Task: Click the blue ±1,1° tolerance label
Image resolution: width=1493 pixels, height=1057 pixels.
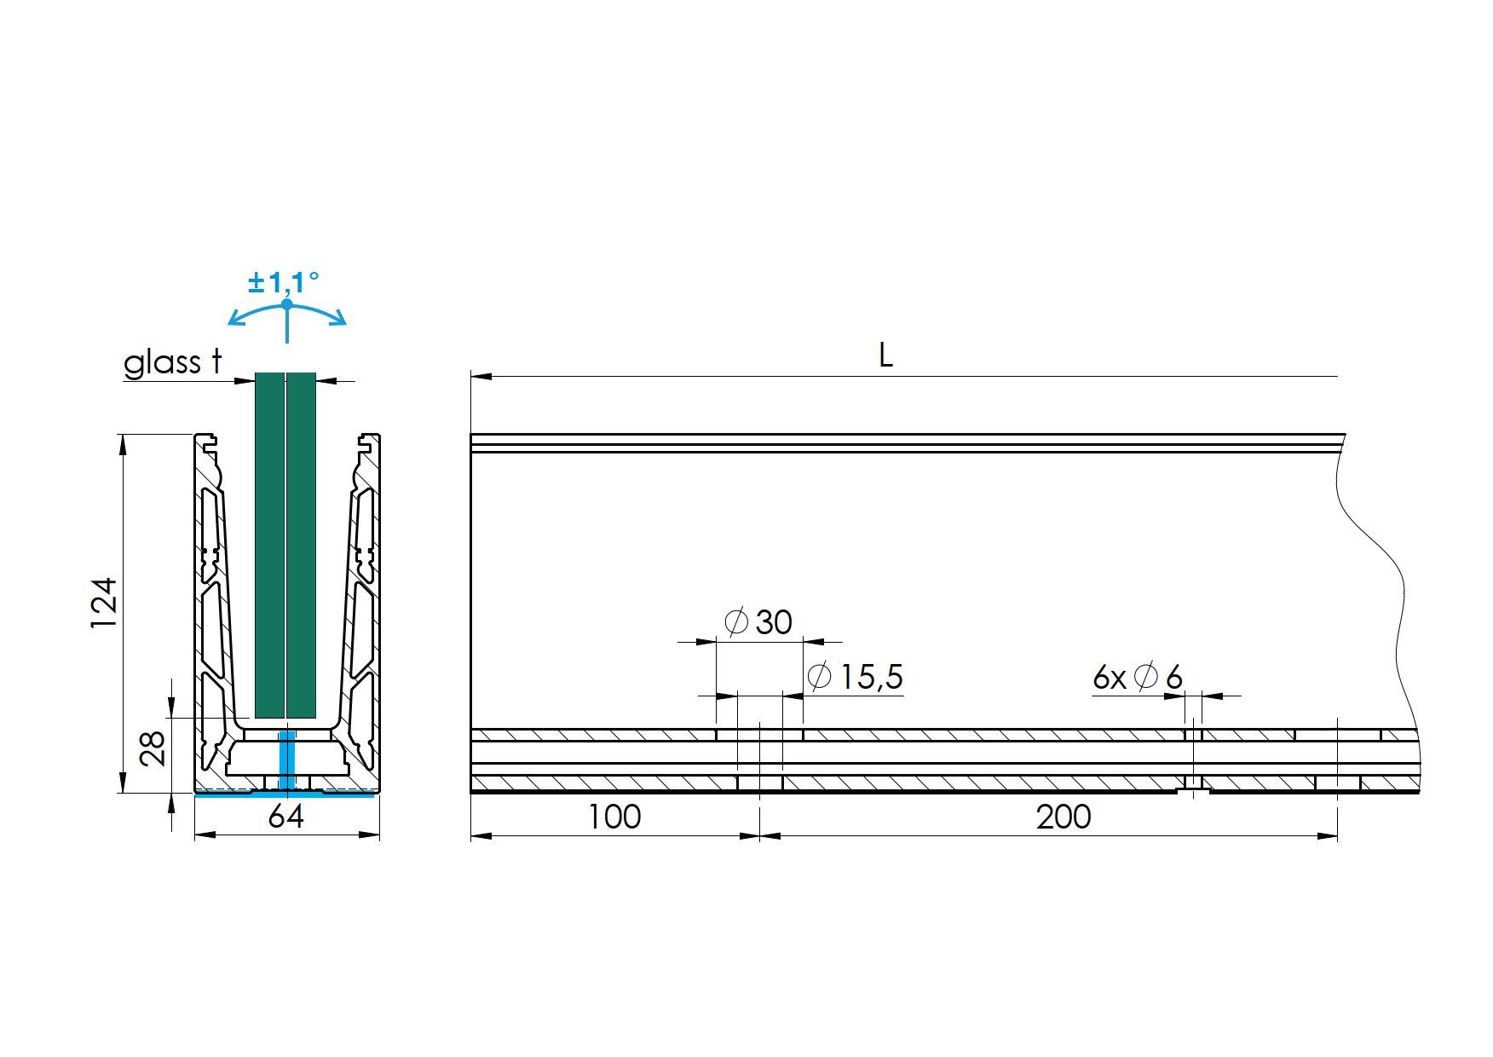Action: coord(284,282)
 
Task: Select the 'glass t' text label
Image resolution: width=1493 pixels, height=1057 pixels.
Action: coord(173,362)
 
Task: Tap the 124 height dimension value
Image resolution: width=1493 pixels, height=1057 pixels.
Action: coord(104,603)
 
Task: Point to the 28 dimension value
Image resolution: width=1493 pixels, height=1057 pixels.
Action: coord(153,748)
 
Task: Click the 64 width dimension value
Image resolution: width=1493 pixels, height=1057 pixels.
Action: coord(285,817)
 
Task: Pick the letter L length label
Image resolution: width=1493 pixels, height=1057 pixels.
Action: coord(886,355)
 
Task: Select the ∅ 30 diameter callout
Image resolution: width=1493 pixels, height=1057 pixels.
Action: coord(758,622)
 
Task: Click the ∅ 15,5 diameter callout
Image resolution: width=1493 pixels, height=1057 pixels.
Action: coord(855,677)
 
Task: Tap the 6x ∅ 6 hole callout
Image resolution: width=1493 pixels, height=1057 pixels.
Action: coord(1138,678)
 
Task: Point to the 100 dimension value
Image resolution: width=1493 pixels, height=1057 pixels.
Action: coord(614,817)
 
